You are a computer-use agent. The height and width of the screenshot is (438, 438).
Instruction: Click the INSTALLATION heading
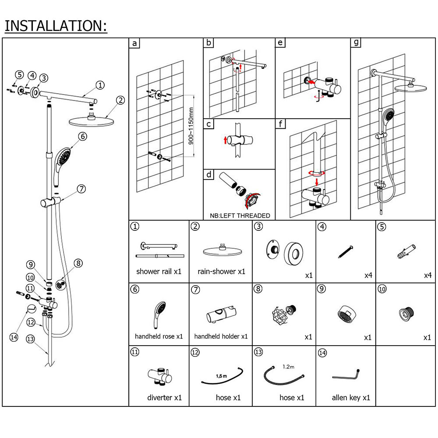[56, 26]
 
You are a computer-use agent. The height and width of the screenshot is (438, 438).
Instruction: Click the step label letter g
[356, 42]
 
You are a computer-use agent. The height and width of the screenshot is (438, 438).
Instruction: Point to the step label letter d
[209, 175]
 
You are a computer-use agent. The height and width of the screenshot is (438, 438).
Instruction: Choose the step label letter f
[281, 124]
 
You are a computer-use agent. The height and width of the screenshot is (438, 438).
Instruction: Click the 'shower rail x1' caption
[159, 272]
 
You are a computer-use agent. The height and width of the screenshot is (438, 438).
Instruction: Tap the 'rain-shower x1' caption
[221, 272]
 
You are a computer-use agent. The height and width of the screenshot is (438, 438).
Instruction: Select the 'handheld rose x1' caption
[159, 336]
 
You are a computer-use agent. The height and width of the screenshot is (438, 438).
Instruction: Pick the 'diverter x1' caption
[164, 398]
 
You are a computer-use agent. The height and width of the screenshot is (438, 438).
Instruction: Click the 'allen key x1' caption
[351, 398]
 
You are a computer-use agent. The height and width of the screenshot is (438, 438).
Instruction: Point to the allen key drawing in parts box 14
[346, 375]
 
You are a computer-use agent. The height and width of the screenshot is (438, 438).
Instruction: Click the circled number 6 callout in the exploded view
[82, 136]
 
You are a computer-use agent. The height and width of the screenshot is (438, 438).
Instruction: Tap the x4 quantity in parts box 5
[427, 276]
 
